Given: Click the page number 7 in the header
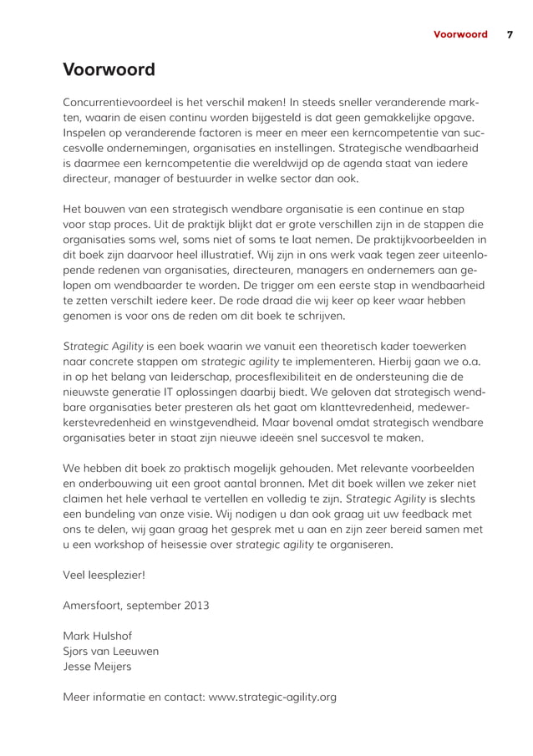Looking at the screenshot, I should click(x=510, y=34).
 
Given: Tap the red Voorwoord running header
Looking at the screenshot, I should click(x=459, y=34).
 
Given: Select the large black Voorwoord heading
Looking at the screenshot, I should click(x=109, y=69).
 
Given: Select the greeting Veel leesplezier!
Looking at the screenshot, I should click(x=104, y=575).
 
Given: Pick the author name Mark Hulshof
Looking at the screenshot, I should click(x=99, y=636).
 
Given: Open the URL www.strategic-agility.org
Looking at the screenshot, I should click(x=272, y=697).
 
